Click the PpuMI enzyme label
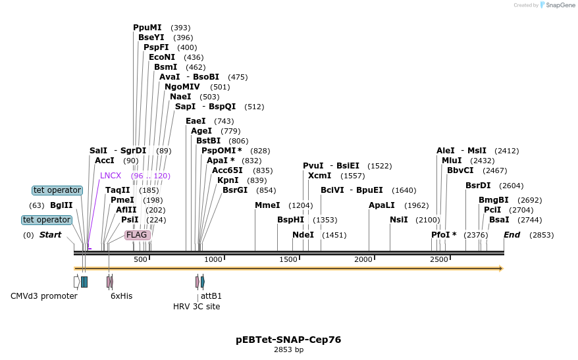point(147,28)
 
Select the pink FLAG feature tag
point(138,235)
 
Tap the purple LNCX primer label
point(111,176)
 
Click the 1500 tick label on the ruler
point(288,259)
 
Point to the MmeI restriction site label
point(267,205)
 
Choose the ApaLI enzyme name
point(382,205)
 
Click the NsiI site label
point(399,220)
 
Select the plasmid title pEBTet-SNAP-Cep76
point(288,340)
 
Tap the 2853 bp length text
point(288,349)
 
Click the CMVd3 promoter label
point(44,296)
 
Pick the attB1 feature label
point(211,296)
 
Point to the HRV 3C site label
point(196,307)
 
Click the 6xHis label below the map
point(121,296)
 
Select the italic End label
point(512,235)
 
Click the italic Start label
point(50,235)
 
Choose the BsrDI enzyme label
point(478,186)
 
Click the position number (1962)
point(417,205)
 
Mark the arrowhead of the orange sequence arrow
point(502,269)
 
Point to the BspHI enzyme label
point(290,220)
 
